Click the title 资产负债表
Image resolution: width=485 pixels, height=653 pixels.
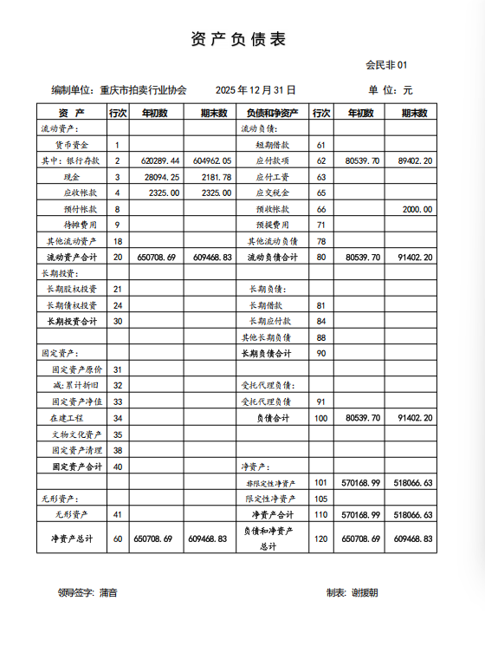237,40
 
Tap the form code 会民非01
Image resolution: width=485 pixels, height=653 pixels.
385,65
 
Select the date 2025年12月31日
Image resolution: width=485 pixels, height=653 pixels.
255,89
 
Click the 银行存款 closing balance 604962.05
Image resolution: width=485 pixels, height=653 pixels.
212,161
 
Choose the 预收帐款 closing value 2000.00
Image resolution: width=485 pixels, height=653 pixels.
417,209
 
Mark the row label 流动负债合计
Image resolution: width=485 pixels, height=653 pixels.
272,258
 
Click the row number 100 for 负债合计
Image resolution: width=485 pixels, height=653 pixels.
321,418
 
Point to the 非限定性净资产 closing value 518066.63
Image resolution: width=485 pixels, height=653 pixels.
412,482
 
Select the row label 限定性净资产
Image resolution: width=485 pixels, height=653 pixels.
271,499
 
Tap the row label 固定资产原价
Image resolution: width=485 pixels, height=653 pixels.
77,369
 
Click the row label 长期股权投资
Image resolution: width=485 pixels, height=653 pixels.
72,289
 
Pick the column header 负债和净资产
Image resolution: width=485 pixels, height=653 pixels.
272,113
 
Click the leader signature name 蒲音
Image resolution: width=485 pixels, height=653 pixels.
108,592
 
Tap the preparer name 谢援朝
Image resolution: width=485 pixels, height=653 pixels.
365,592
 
